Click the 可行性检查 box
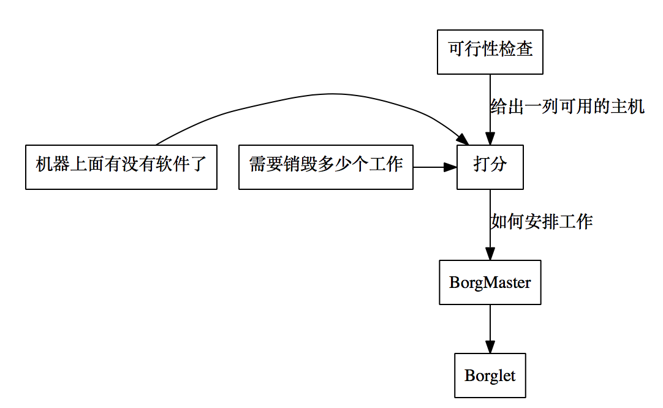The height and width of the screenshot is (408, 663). point(490,52)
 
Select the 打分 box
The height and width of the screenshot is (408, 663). point(490,167)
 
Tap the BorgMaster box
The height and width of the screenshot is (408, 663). point(490,282)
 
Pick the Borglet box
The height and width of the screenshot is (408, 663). point(490,376)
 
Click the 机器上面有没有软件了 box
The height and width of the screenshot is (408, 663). point(121,167)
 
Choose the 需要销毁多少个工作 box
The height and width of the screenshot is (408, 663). point(325,167)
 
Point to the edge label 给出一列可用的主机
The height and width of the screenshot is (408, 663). point(567,106)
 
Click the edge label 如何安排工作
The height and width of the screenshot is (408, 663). point(542,221)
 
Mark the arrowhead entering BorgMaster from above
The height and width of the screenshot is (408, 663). point(490,254)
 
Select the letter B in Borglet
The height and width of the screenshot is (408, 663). point(470,376)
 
